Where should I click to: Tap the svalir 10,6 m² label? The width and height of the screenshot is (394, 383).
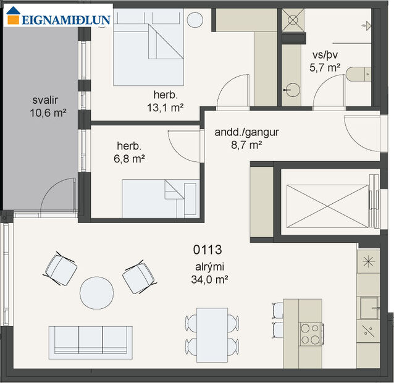point(47,106)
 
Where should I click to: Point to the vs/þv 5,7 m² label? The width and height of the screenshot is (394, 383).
point(325,60)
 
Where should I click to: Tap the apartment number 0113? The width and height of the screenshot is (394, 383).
point(207,250)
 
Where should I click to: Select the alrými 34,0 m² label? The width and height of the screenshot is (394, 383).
point(209,272)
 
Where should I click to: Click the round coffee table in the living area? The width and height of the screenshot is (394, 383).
point(97,292)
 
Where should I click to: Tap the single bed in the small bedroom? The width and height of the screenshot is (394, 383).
point(159,198)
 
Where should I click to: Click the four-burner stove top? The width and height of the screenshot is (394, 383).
point(310,334)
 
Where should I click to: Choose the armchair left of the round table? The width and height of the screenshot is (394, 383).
point(61,269)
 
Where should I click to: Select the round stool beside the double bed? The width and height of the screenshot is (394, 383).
point(195,19)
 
